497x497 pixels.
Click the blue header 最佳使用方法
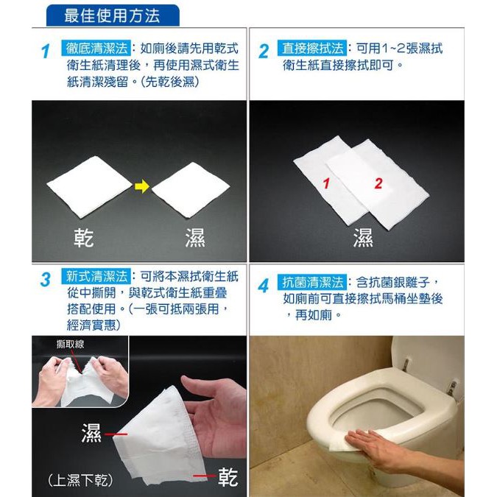click(113, 15)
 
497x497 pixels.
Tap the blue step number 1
click(46, 52)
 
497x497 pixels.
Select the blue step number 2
click(264, 52)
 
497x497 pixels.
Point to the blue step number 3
click(46, 280)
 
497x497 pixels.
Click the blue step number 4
click(264, 286)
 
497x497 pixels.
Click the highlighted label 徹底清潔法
click(96, 49)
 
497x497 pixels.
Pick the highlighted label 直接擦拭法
click(312, 49)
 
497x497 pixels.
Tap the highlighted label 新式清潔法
click(96, 276)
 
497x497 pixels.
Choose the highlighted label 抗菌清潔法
click(312, 283)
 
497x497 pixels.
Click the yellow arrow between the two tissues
click(141, 186)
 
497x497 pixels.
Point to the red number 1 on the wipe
click(326, 183)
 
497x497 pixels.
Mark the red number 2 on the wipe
click(378, 183)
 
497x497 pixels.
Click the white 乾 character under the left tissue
click(84, 238)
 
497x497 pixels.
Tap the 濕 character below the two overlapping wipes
click(363, 237)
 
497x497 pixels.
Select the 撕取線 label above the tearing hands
click(71, 344)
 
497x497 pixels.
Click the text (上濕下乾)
click(80, 480)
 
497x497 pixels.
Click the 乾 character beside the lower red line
click(228, 477)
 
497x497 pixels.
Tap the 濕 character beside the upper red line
click(91, 433)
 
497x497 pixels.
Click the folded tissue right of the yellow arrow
click(191, 189)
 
